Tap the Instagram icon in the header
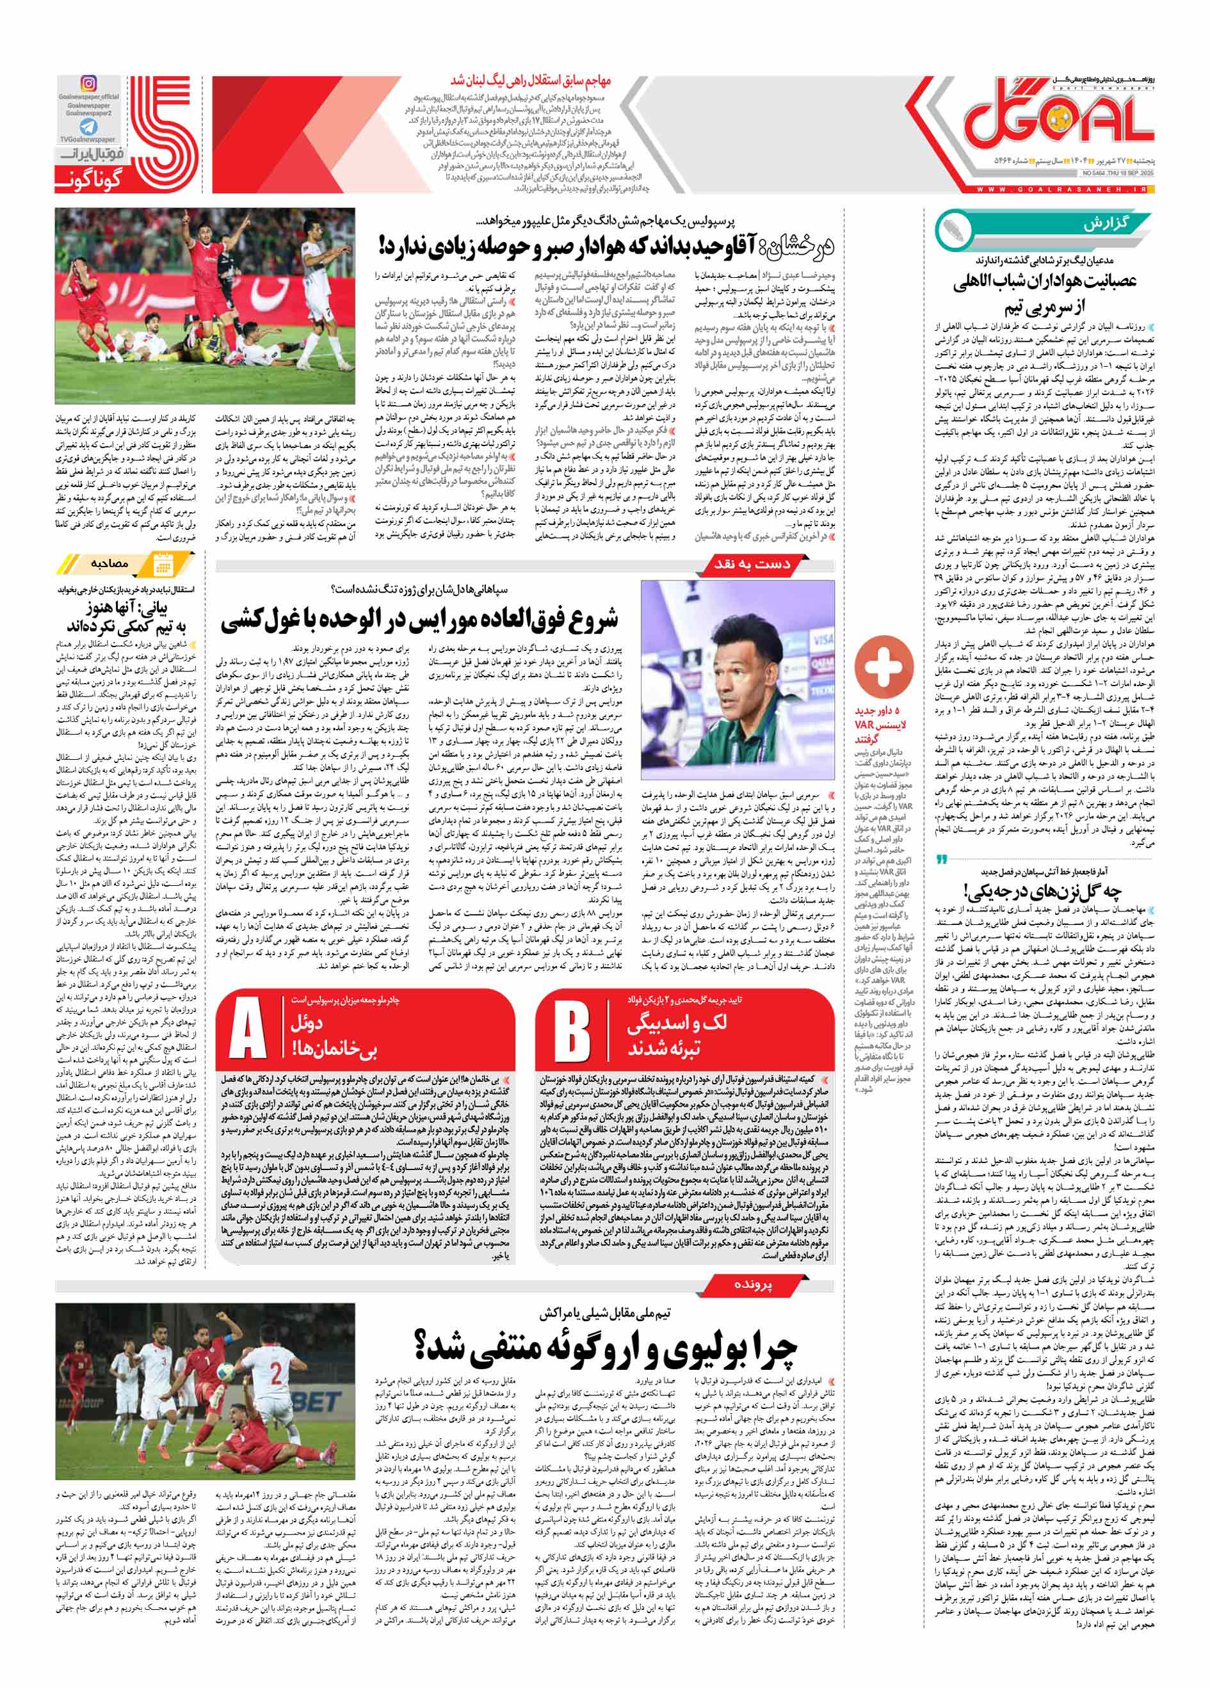pos(88,84)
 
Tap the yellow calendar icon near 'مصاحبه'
pos(161,565)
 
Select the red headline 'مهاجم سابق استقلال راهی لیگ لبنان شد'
pos(530,81)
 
